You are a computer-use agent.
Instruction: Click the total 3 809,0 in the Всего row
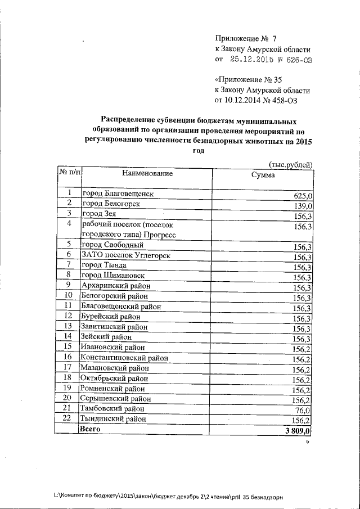click(x=298, y=431)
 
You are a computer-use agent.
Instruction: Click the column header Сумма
click(x=263, y=175)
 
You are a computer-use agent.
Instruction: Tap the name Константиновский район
click(x=124, y=357)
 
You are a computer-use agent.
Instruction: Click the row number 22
click(x=67, y=418)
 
